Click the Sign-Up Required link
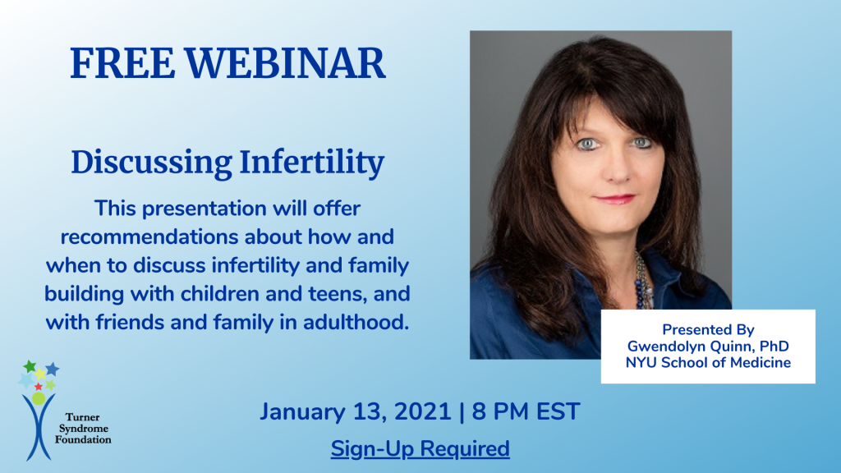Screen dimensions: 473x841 420,449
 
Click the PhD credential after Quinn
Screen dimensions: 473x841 773,346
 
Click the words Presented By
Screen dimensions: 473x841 708,329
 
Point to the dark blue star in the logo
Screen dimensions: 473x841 53,369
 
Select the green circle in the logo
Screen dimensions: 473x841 39,398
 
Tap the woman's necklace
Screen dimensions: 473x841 640,279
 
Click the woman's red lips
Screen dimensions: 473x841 615,199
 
